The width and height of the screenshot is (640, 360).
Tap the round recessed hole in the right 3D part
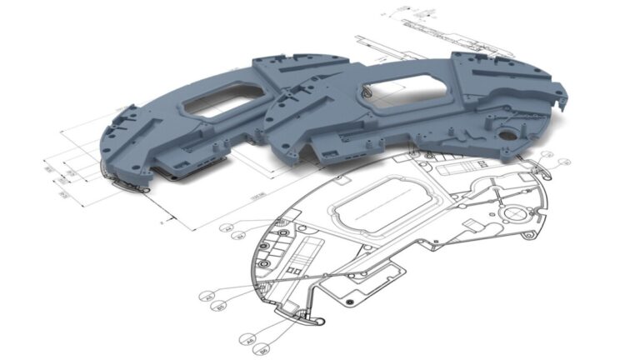click(504, 132)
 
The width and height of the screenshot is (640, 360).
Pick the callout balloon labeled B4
click(239, 237)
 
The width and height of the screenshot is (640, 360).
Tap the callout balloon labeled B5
click(221, 307)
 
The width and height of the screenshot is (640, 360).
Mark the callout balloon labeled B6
click(262, 350)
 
